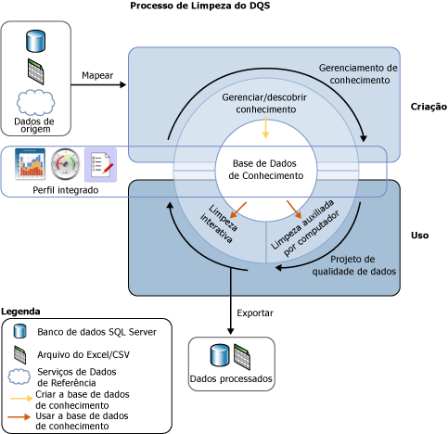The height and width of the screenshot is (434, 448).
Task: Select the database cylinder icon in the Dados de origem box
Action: point(35,41)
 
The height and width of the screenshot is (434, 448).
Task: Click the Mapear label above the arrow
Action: point(97,74)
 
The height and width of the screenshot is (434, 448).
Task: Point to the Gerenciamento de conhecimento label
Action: point(358,74)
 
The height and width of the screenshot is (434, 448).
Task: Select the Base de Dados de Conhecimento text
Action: point(266,168)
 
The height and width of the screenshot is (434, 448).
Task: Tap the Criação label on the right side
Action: point(428,108)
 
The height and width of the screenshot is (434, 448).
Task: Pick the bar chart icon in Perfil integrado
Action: point(31,164)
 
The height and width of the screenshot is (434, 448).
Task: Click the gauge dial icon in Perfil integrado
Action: point(66,164)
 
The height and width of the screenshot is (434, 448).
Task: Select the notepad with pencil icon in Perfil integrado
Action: point(100,164)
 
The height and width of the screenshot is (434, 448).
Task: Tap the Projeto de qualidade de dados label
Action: point(363,265)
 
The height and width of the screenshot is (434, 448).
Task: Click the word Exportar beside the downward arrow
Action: point(256,313)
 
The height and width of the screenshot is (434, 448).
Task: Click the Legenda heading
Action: point(21,311)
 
